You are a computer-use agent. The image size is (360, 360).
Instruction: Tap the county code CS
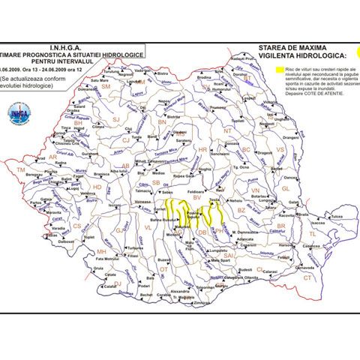[x=76, y=225]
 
